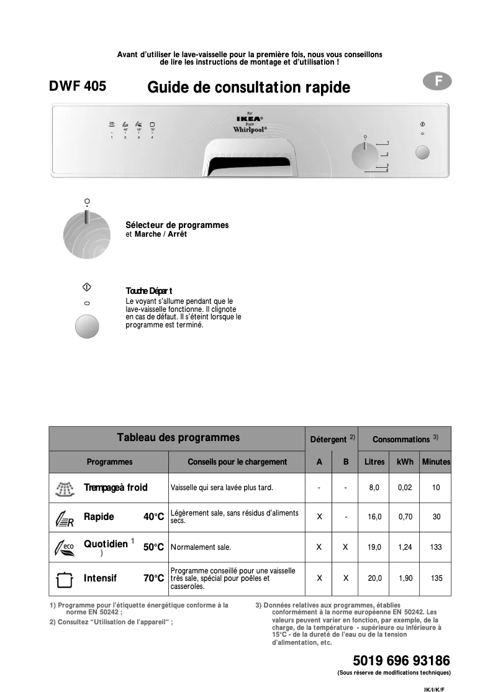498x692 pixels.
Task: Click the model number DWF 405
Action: click(x=78, y=87)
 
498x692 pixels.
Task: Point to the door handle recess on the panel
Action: click(x=249, y=163)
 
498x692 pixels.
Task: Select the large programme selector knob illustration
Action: click(x=87, y=234)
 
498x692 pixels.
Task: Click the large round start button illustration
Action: click(x=87, y=326)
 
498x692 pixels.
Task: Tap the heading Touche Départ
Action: click(x=149, y=291)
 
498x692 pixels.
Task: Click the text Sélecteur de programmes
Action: click(x=177, y=225)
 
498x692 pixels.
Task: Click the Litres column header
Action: click(x=374, y=462)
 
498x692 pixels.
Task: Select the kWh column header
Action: click(x=405, y=462)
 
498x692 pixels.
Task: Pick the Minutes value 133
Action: click(x=436, y=547)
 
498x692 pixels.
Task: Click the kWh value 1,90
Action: click(x=405, y=578)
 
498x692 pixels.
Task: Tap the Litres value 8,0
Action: click(x=374, y=488)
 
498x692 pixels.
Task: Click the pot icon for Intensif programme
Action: click(x=64, y=578)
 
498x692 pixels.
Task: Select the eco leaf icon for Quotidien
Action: click(x=64, y=548)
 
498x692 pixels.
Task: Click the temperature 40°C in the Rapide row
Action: click(x=153, y=517)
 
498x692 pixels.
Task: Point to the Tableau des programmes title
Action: click(x=178, y=437)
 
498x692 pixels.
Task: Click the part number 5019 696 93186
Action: click(x=401, y=660)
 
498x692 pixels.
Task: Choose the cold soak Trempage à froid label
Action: click(x=115, y=488)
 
